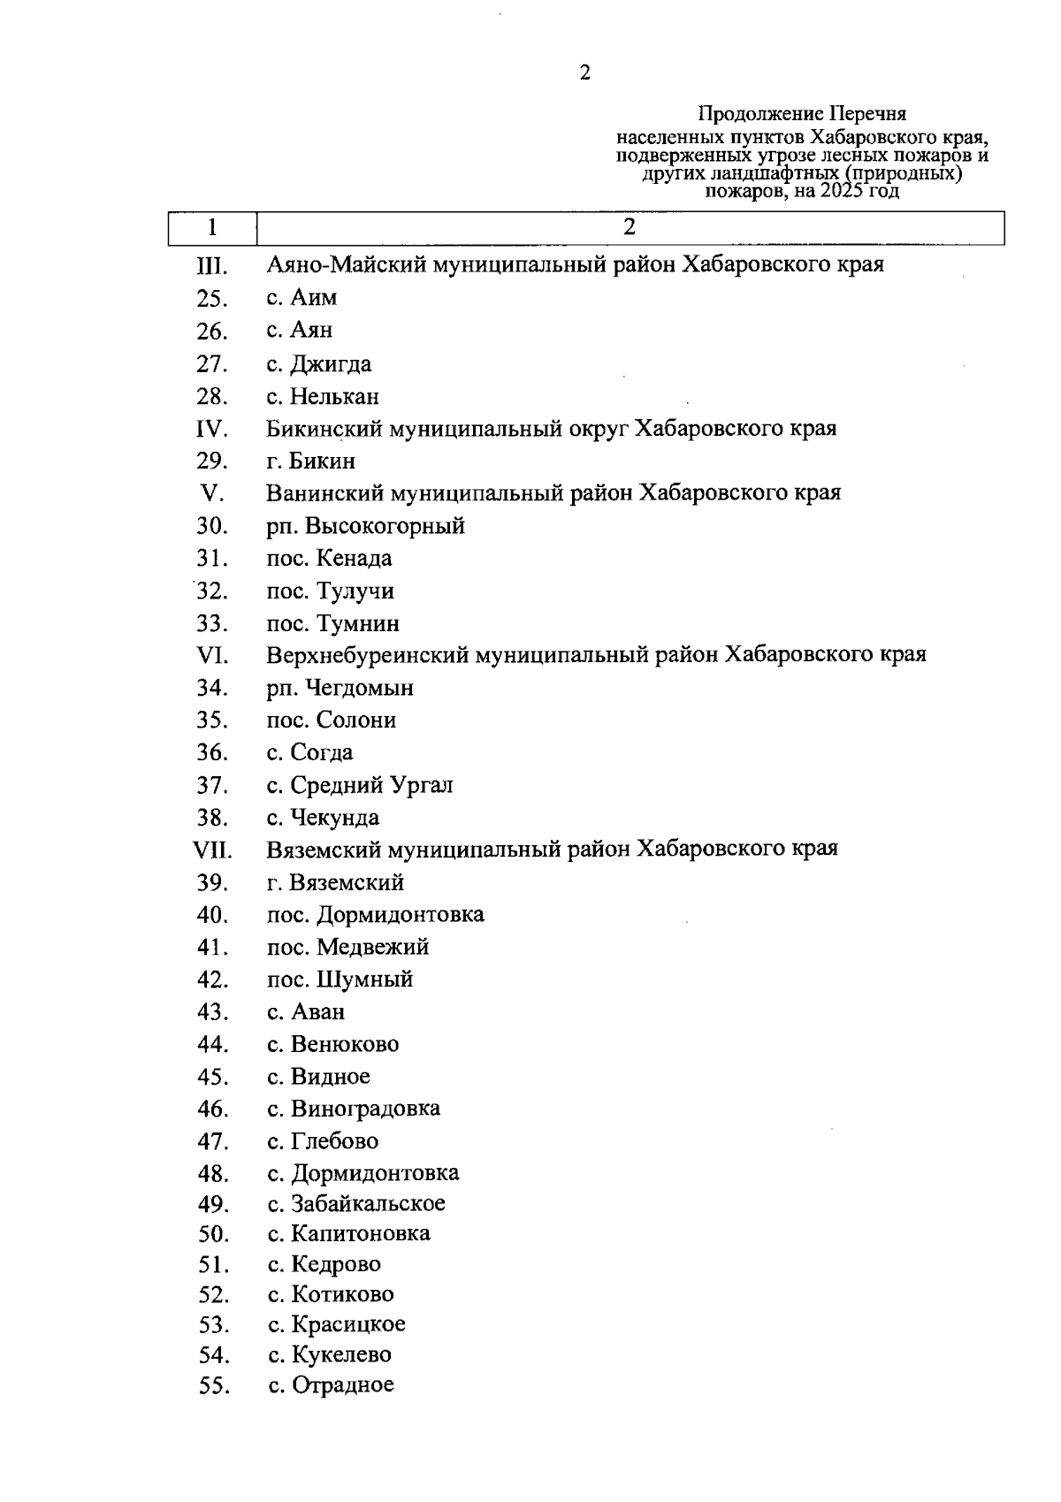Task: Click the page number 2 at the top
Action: click(x=584, y=72)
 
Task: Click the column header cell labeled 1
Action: click(x=212, y=227)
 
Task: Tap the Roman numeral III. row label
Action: click(x=212, y=265)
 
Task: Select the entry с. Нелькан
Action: click(x=323, y=396)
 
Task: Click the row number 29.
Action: click(x=212, y=461)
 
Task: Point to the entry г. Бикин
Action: click(x=311, y=461)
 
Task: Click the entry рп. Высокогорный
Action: click(x=365, y=527)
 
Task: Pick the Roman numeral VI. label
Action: click(x=212, y=656)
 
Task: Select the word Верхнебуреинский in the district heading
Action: click(x=368, y=655)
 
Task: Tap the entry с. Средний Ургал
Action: click(x=360, y=785)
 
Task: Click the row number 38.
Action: click(x=212, y=818)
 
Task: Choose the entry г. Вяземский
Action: click(x=335, y=882)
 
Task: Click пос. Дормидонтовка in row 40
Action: click(x=375, y=914)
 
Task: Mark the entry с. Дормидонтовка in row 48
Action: click(x=363, y=1173)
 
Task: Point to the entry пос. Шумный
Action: click(x=340, y=980)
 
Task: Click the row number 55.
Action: click(x=213, y=1386)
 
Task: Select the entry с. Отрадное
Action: click(x=331, y=1385)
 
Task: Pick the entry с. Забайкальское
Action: click(x=356, y=1204)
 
